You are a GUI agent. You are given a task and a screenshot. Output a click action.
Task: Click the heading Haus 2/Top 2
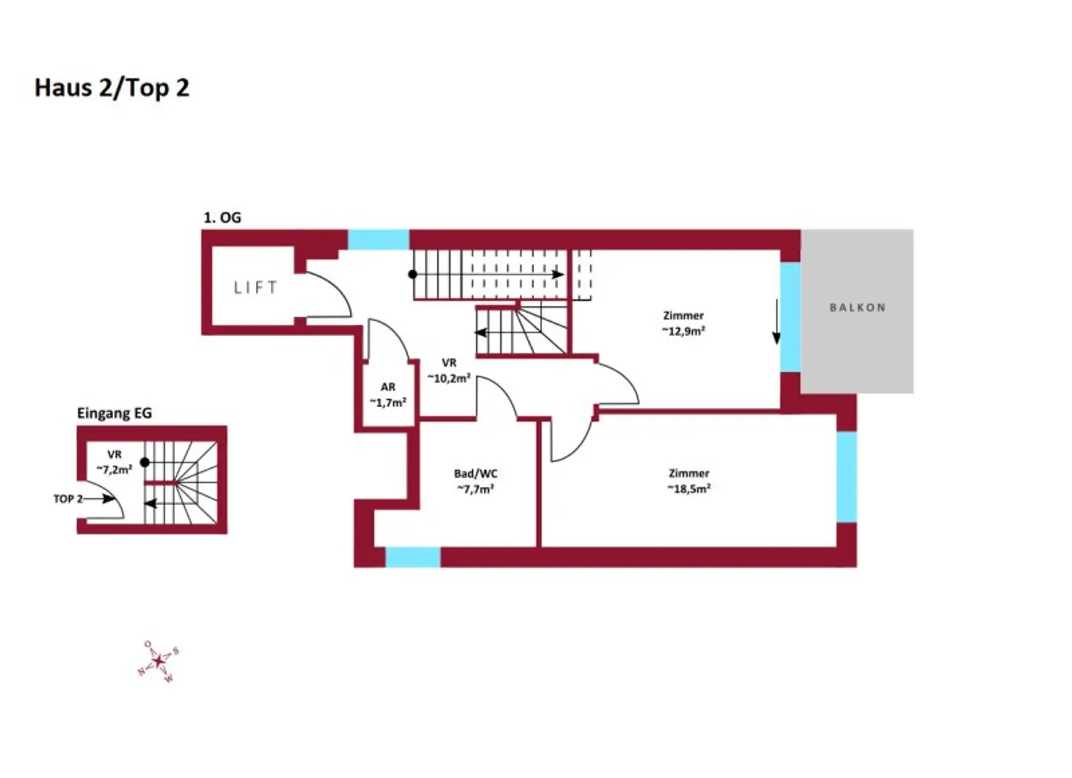[112, 88]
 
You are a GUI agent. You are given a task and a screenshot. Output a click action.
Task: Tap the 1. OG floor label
[222, 218]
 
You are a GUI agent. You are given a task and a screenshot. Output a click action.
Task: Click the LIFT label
[255, 288]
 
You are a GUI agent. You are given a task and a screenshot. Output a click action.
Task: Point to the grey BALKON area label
[857, 307]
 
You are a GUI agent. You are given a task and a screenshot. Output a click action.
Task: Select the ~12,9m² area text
[683, 331]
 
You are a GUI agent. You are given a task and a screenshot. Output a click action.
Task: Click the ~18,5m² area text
[689, 489]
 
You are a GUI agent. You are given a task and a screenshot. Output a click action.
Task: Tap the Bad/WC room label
[475, 474]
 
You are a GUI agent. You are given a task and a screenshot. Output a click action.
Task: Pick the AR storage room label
[388, 387]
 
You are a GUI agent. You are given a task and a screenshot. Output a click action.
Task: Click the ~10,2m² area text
[449, 378]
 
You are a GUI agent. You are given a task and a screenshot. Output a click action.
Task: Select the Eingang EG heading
[114, 413]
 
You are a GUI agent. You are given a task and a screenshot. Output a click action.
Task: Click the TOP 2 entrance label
[68, 499]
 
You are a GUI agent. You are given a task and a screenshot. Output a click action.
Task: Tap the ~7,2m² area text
[114, 470]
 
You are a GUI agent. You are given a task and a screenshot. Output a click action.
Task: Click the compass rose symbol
[158, 661]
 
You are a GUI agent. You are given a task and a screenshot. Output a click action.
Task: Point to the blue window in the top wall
[378, 240]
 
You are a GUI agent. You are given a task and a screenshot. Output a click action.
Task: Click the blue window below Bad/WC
[412, 557]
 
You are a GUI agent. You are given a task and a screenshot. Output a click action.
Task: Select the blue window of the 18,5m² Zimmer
[846, 476]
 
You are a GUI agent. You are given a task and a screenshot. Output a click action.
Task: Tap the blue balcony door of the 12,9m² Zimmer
[789, 316]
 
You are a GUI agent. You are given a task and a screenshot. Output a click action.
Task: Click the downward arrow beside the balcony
[776, 323]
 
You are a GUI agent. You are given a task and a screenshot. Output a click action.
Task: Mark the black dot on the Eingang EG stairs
[144, 462]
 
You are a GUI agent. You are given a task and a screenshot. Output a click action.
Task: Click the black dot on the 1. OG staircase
[412, 274]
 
